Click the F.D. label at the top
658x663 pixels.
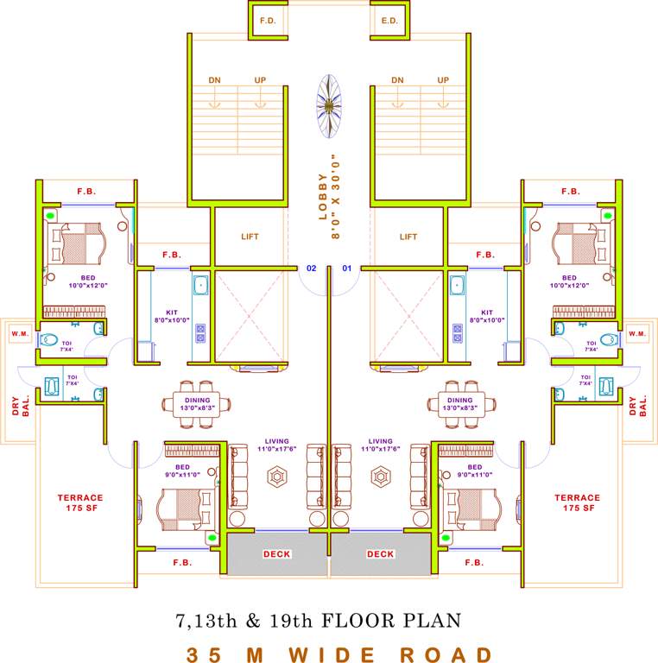click(x=267, y=19)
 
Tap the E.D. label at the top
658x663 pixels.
click(x=389, y=19)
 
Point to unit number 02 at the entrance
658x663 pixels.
click(x=312, y=268)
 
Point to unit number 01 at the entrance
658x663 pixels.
click(x=347, y=268)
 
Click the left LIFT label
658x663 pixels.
click(x=249, y=237)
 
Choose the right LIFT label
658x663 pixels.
click(x=408, y=237)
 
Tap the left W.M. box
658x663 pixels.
click(x=19, y=333)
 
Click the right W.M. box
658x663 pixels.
click(x=638, y=333)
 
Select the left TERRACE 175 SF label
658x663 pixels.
click(x=80, y=502)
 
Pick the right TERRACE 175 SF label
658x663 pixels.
click(x=577, y=502)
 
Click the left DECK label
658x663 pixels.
click(x=276, y=554)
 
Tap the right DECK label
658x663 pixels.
click(x=380, y=554)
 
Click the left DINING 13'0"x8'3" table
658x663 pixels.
click(x=197, y=401)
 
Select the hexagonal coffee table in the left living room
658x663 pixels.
click(x=277, y=476)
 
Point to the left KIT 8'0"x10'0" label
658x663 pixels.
click(x=171, y=317)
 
